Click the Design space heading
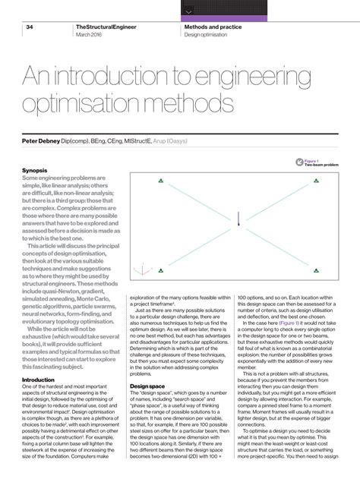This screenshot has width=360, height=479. (x=148, y=385)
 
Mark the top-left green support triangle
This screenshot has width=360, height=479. (x=160, y=180)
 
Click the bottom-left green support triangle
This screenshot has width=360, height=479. (x=160, y=268)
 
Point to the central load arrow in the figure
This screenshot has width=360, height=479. (x=238, y=220)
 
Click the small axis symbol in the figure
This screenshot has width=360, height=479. (x=139, y=269)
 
